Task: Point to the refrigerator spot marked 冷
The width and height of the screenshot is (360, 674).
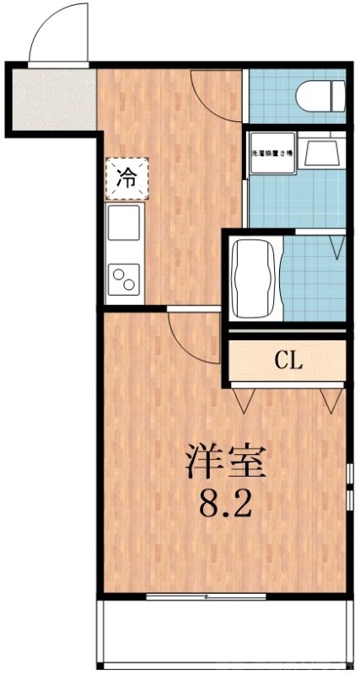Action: [125, 178]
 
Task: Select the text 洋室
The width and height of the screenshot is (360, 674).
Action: [225, 461]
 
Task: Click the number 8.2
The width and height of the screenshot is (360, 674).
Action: [225, 505]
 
